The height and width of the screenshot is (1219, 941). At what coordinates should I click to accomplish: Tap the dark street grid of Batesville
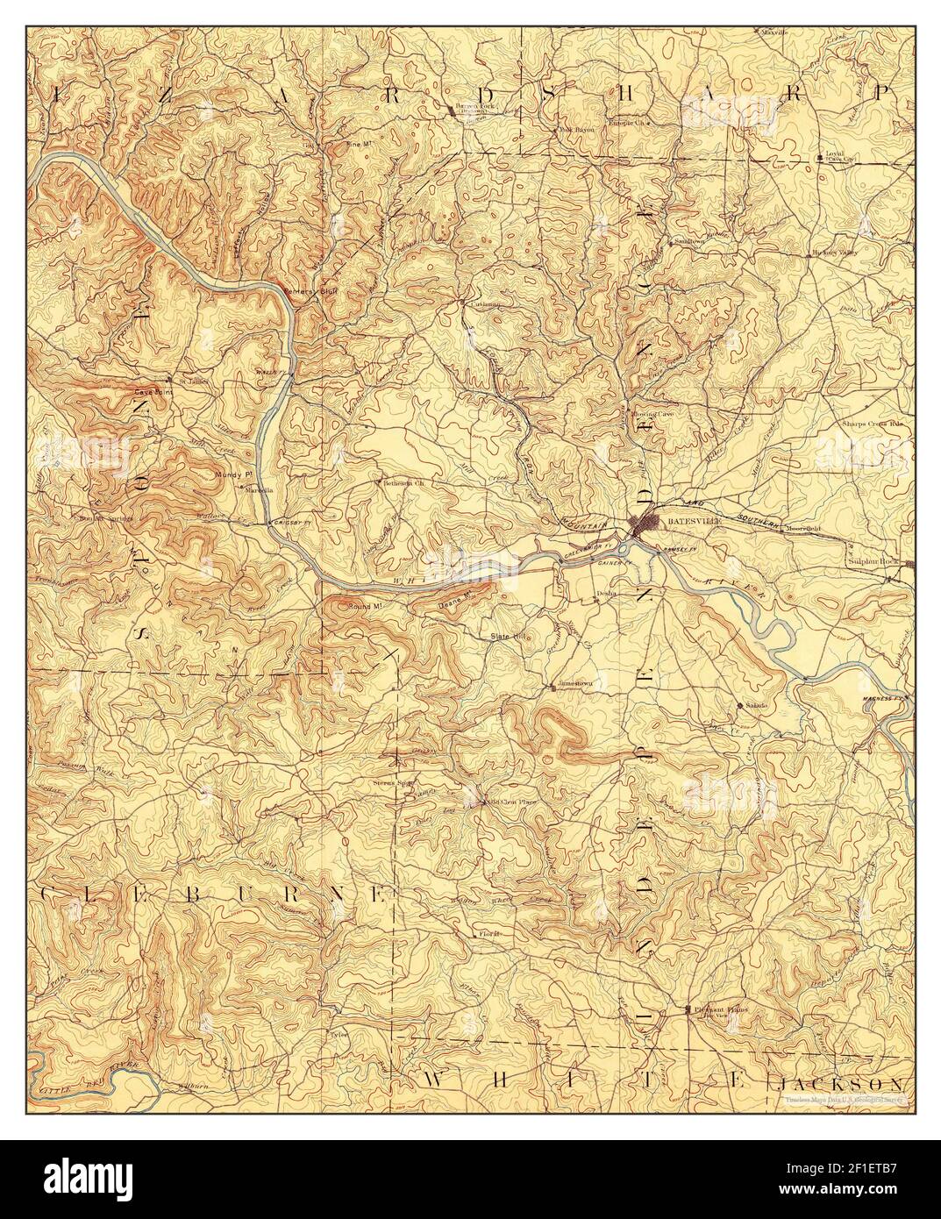click(650, 524)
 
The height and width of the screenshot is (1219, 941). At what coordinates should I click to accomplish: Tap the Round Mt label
click(361, 606)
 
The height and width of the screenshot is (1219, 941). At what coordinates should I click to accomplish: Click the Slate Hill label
click(507, 636)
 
